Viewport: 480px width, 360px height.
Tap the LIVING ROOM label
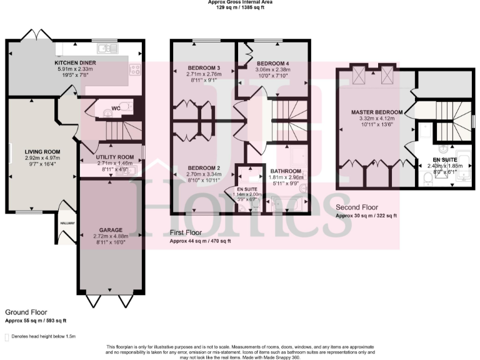pos(42,152)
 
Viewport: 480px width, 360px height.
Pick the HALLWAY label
pos(67,223)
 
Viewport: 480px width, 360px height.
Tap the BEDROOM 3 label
pos(204,67)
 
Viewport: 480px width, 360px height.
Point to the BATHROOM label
pos(285,171)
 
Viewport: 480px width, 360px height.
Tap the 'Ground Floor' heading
pos(26,312)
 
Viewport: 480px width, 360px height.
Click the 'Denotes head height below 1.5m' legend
pos(43,336)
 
